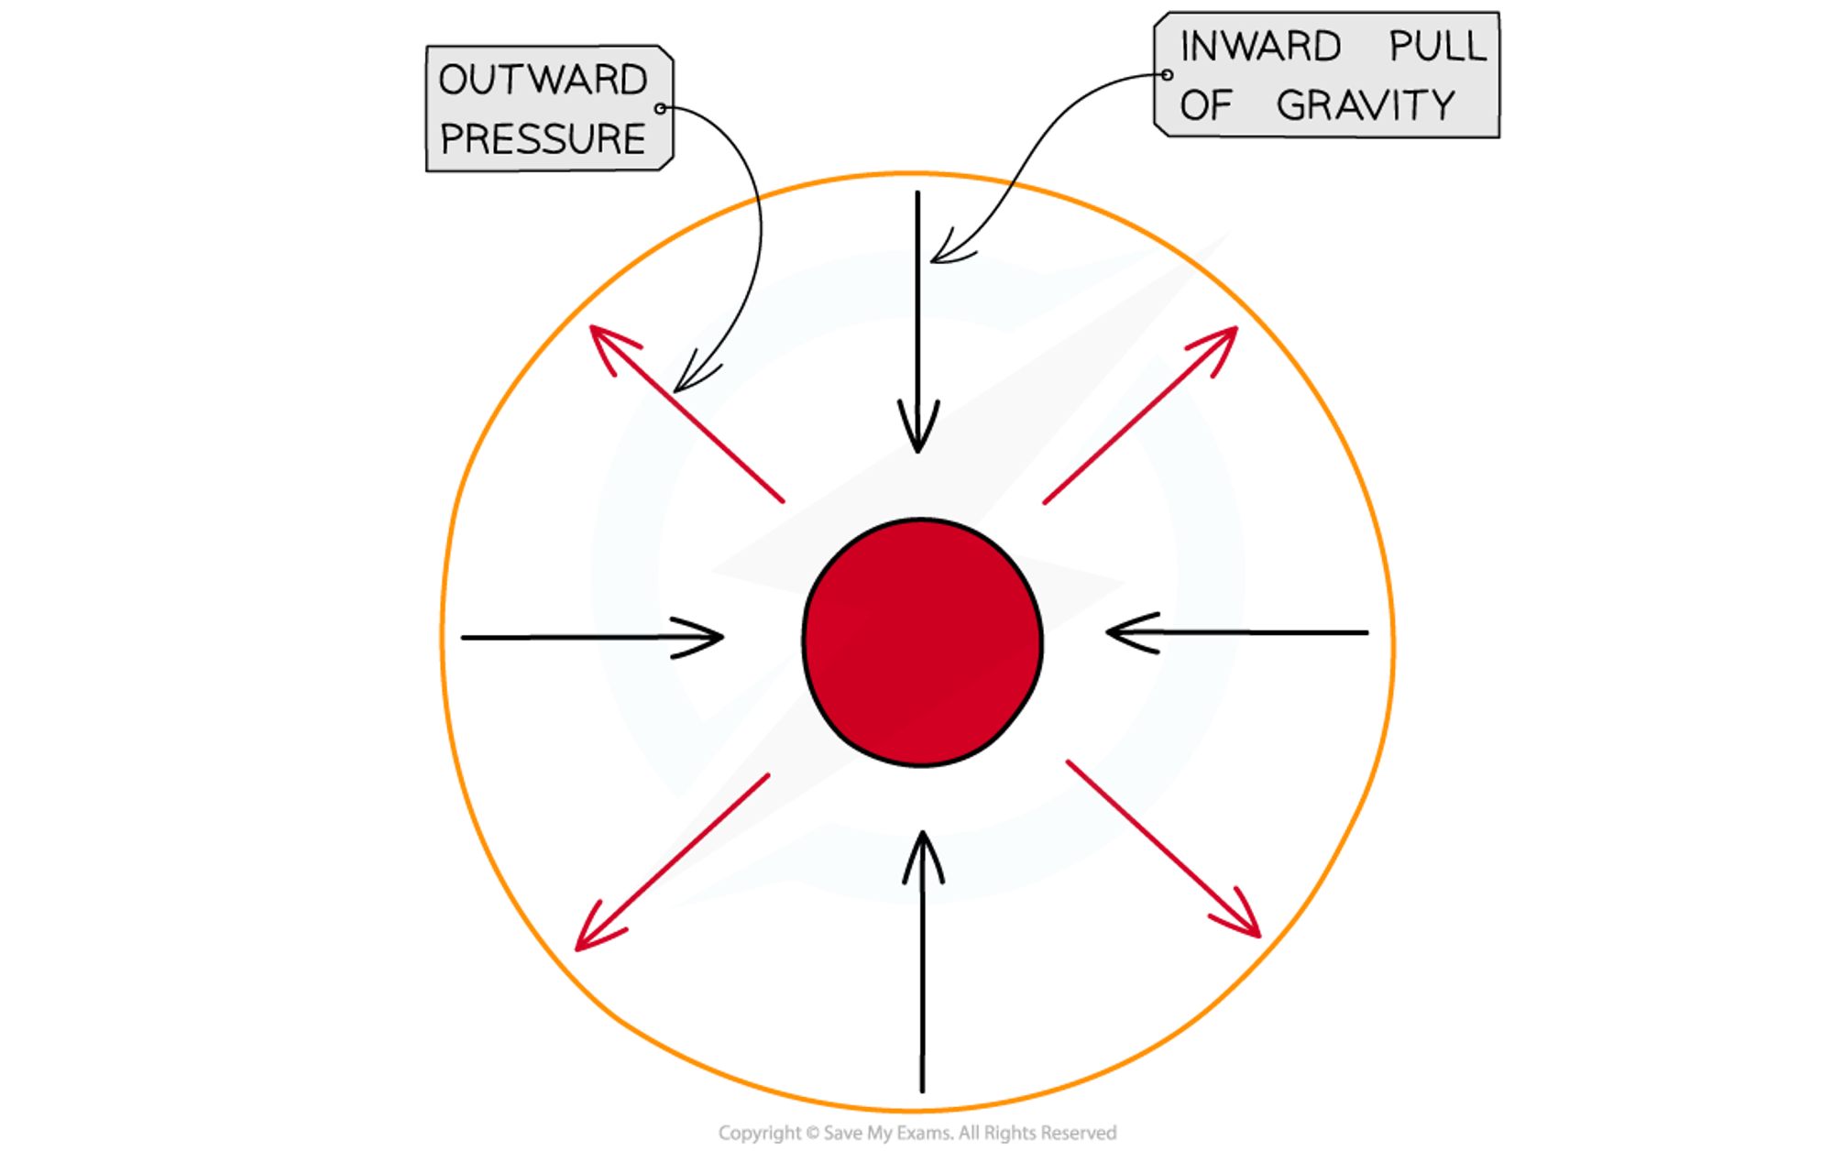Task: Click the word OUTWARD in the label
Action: (543, 80)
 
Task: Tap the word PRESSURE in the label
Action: (543, 138)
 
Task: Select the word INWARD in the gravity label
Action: (1260, 47)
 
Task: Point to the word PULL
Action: (1437, 47)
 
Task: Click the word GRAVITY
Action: (1365, 105)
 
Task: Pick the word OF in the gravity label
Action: (1205, 105)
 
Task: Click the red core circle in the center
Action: (922, 641)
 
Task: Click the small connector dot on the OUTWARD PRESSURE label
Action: (661, 109)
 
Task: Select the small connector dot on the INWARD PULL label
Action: (1167, 75)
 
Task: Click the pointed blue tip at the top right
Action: (1157, 249)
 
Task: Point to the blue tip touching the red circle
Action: (796, 653)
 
